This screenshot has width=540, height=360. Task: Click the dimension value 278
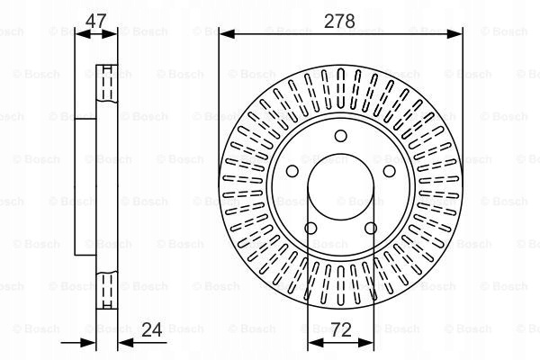339,21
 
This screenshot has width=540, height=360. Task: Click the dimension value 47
95,21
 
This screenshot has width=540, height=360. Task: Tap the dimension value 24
152,329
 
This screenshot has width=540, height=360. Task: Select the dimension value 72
340,329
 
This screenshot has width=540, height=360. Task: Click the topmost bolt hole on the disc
340,136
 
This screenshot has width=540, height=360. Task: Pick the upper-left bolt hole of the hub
292,171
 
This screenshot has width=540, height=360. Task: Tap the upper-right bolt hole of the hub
389,171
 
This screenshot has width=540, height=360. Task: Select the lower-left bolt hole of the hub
310,228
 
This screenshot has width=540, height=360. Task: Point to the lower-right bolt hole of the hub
371,228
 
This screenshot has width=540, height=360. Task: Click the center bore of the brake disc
340,186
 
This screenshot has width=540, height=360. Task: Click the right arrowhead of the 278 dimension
454,34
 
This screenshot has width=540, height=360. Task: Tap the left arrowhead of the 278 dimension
227,34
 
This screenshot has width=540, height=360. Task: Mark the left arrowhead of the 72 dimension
315,342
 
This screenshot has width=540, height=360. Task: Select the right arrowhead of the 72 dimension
366,342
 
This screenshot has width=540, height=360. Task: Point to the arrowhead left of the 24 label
125,342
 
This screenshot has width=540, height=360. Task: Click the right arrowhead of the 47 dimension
110,34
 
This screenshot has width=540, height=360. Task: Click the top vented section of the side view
107,83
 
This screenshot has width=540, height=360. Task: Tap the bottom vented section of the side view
107,290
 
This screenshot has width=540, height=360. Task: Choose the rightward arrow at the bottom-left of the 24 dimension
87,342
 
